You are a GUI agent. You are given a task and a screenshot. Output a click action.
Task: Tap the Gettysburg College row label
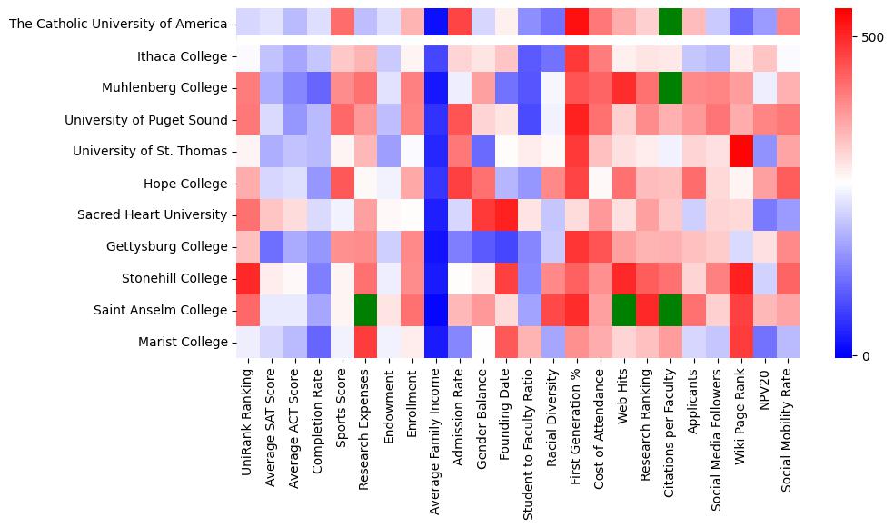(168, 246)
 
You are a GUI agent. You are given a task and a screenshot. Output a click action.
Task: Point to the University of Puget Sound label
(146, 120)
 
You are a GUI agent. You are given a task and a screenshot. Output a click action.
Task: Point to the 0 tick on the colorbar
(864, 355)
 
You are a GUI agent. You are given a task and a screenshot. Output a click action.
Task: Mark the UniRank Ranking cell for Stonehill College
(246, 278)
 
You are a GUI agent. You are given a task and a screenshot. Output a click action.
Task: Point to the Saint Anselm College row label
(160, 310)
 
